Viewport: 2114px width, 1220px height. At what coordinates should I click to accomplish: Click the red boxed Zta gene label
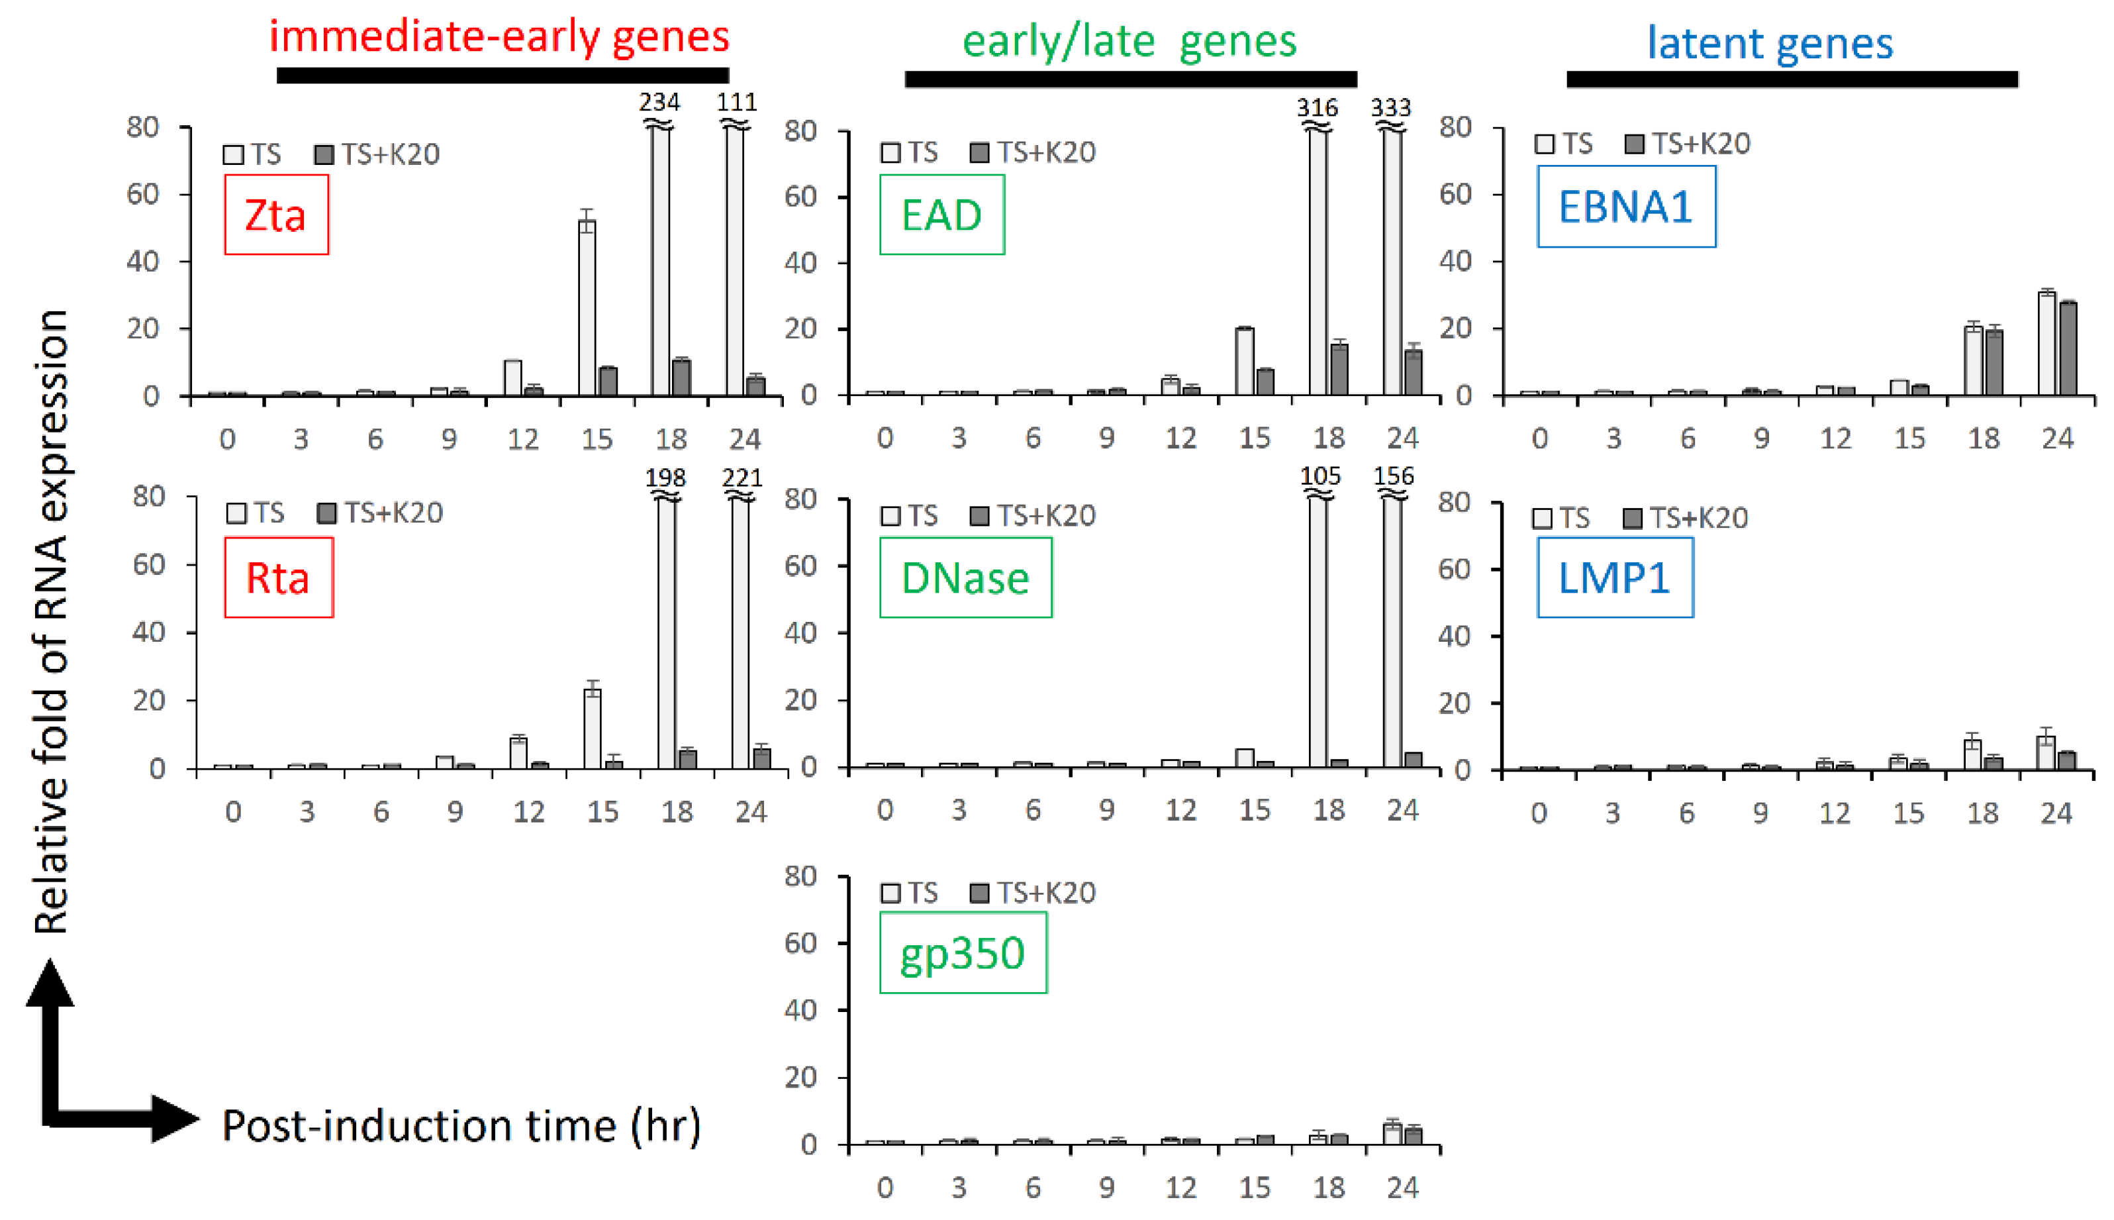coord(275,215)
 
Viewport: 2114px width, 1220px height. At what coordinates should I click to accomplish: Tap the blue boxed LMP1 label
coord(1614,578)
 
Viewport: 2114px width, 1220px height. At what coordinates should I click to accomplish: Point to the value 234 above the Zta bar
coord(659,102)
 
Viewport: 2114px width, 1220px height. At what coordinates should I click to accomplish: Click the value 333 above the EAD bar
coord(1390,108)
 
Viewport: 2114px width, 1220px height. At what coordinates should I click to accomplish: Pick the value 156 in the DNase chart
coord(1394,476)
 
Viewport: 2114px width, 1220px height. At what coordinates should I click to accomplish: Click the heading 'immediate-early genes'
coord(499,37)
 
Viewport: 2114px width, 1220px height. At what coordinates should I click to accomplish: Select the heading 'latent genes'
coord(1770,43)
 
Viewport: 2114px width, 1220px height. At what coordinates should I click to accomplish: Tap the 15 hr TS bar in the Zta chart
coord(587,307)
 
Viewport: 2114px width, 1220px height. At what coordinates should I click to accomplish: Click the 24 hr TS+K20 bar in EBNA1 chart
coord(2068,348)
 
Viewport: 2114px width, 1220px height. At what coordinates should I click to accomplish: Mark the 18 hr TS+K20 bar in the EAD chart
coord(1339,370)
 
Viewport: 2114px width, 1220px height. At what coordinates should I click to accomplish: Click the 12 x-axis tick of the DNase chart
coord(1181,809)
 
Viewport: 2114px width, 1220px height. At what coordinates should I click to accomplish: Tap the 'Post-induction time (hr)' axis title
coord(461,1125)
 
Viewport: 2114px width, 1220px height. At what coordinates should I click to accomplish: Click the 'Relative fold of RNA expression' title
coord(52,620)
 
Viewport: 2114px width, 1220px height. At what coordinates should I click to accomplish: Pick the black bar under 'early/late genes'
coord(1130,79)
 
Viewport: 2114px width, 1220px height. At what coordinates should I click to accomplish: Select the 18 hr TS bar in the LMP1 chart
coord(1972,754)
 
